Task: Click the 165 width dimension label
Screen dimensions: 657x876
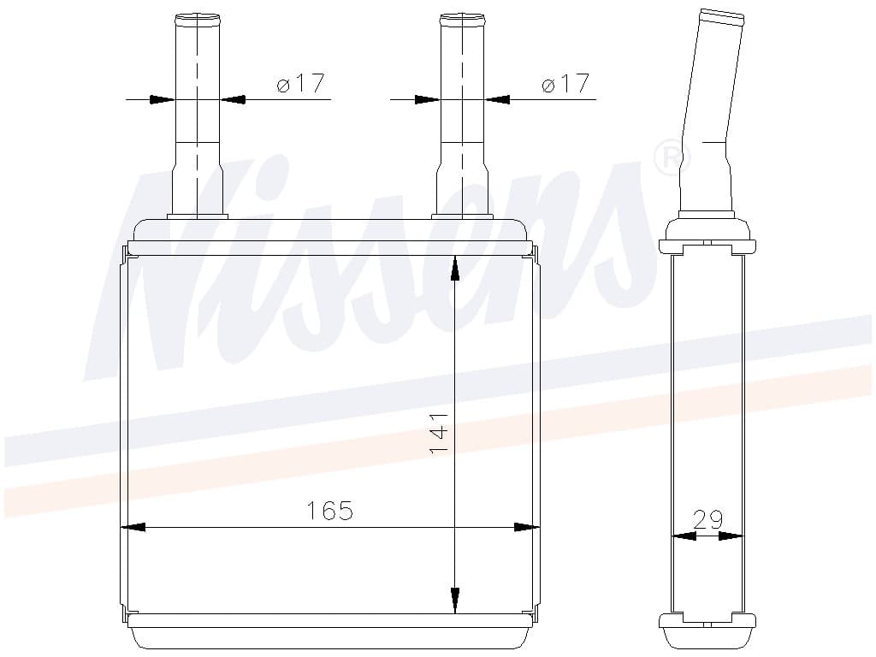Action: tap(330, 511)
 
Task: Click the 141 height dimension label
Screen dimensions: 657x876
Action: tap(439, 433)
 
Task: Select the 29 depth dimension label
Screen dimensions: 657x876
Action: tap(707, 518)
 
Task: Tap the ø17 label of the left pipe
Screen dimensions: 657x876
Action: tap(300, 84)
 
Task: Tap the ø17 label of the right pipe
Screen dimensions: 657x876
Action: tap(565, 84)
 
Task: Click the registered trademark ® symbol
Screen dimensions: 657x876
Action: tap(672, 157)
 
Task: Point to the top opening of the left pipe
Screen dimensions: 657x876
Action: tap(197, 16)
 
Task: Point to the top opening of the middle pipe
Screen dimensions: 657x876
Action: tap(462, 16)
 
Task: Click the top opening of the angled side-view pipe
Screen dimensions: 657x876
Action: tap(720, 15)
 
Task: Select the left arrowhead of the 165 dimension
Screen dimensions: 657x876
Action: tap(133, 527)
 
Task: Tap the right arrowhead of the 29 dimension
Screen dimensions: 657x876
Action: tap(731, 536)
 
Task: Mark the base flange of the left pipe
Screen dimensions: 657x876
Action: tap(197, 216)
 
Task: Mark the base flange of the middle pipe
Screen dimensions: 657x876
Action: tap(462, 216)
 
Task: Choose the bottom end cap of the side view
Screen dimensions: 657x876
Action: tap(707, 621)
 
